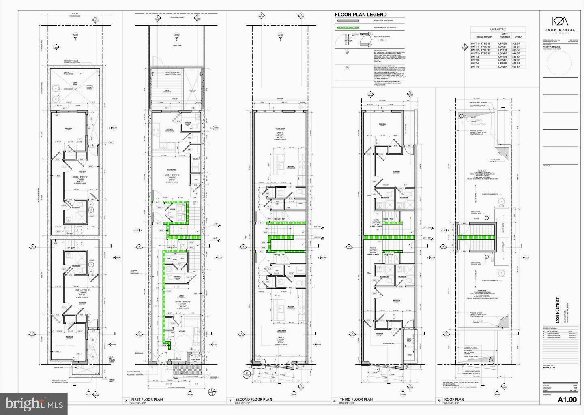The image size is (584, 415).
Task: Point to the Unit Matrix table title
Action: point(499,30)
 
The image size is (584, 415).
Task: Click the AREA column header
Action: point(519,36)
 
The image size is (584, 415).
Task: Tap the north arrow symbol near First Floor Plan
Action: point(210,391)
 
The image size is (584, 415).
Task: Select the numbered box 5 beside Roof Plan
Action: point(439,401)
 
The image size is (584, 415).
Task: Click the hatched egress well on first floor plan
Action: point(184,371)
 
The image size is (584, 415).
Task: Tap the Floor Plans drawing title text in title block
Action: point(550,368)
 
